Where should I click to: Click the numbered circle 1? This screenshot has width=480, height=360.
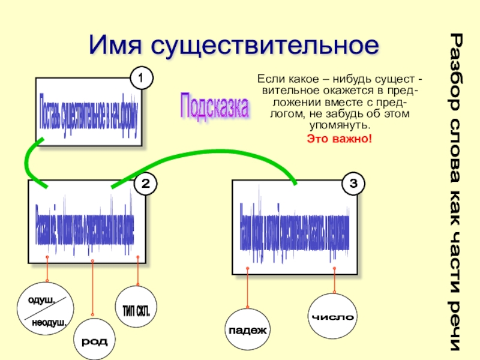[x=140, y=79]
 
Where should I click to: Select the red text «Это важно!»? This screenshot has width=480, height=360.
[x=340, y=139]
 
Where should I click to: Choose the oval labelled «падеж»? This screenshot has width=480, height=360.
[x=248, y=329]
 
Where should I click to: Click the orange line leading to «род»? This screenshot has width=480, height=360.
[x=92, y=288]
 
